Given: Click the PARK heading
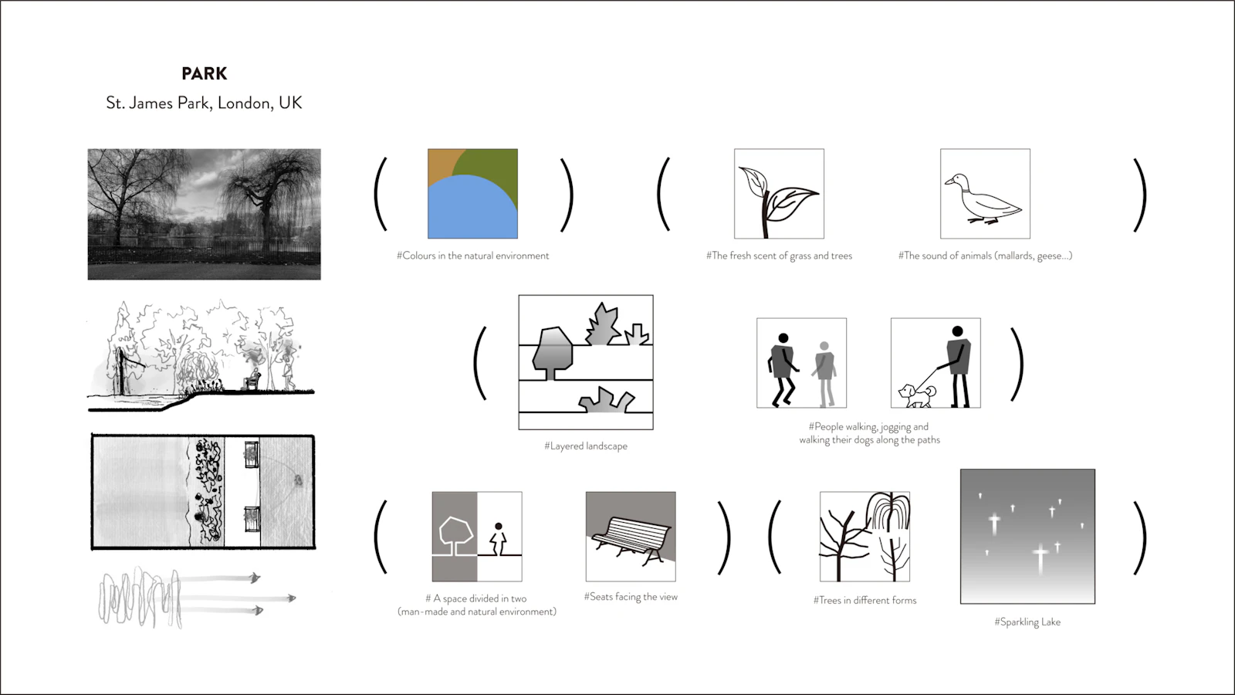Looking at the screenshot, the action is (x=204, y=73).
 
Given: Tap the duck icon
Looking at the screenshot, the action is (x=983, y=199).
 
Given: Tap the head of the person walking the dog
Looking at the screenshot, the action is (x=957, y=331).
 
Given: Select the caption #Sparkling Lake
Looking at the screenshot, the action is (x=1027, y=622).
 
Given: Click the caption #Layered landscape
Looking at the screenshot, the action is (x=586, y=446).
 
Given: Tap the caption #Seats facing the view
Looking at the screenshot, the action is (x=631, y=597).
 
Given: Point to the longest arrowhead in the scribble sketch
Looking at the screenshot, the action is (x=292, y=598).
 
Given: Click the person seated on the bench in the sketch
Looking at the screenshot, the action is (x=254, y=379).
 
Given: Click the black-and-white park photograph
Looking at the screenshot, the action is (x=204, y=214).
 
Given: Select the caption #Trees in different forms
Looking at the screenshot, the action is (x=864, y=600).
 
